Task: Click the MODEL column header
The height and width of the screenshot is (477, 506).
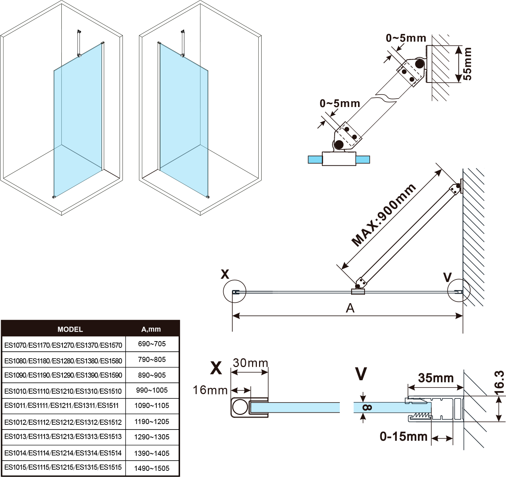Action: [70, 329]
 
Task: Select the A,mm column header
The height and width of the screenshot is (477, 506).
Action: [151, 329]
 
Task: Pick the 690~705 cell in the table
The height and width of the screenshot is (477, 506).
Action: [152, 344]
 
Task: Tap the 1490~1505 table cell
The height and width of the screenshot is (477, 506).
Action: [152, 468]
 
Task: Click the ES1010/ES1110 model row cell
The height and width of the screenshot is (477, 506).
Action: [63, 391]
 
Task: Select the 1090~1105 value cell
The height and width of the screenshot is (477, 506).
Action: [152, 405]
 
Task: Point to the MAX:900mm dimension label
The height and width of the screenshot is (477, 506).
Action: [384, 215]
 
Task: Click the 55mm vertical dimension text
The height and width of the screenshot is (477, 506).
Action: [467, 64]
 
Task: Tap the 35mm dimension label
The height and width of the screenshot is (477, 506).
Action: [436, 378]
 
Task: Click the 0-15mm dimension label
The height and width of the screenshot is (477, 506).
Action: [404, 436]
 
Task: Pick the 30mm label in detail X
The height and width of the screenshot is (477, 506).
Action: [251, 363]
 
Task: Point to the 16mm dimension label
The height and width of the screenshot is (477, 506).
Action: [210, 390]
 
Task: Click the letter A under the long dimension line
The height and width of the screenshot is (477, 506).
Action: [350, 308]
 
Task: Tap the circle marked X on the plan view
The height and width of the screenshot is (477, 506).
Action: [235, 291]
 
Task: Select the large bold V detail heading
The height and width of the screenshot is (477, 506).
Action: [361, 373]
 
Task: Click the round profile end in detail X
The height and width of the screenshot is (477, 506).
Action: [240, 407]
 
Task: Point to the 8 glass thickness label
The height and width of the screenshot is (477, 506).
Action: [368, 407]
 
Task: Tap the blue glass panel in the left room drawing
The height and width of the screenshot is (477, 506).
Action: [77, 124]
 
